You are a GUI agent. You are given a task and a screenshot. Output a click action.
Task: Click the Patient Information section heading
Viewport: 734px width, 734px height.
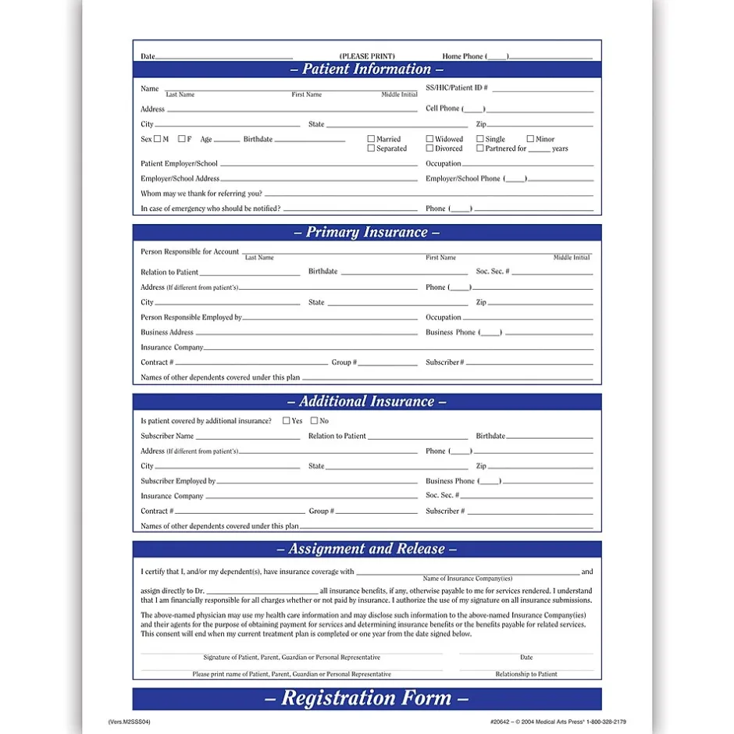[x=366, y=69]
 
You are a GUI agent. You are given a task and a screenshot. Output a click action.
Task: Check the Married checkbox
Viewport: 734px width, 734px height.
[x=371, y=139]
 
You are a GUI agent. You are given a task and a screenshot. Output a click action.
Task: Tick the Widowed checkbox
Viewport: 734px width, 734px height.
[x=429, y=139]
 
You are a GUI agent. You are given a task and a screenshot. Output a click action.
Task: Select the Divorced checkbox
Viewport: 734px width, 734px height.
[x=429, y=148]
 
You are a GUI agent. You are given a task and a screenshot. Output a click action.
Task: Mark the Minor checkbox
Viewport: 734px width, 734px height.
[x=530, y=139]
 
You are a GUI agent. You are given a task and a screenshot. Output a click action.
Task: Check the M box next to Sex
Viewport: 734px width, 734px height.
[x=157, y=139]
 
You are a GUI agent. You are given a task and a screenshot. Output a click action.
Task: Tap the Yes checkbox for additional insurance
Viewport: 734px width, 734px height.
[x=287, y=421]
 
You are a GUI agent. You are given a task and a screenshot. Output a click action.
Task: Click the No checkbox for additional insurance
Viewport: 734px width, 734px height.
[x=315, y=421]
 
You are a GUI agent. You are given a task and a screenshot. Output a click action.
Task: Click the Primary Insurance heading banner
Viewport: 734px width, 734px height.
[x=366, y=233]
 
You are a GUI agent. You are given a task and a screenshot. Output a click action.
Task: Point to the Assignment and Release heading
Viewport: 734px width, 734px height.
[x=366, y=549]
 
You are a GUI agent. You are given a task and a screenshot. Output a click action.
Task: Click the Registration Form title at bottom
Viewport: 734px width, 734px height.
[x=366, y=698]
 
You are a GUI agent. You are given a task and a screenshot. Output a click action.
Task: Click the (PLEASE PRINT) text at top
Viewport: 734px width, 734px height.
[x=367, y=56]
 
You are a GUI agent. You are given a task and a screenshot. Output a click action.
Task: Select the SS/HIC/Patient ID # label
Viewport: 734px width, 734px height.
[x=457, y=88]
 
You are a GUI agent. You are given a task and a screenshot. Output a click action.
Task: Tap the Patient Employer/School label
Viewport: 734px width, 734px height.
[x=179, y=164]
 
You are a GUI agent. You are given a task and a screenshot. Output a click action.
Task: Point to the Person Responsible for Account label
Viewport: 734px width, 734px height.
[x=190, y=251]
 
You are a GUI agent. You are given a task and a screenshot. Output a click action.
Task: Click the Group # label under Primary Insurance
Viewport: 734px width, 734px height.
[x=344, y=362]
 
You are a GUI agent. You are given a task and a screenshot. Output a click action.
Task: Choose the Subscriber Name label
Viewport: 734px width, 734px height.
[x=167, y=436]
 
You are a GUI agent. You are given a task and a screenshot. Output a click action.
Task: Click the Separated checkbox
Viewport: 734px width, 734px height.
[x=371, y=148]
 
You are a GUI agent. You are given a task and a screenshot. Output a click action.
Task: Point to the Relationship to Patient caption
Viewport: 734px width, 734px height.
[x=526, y=674]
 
